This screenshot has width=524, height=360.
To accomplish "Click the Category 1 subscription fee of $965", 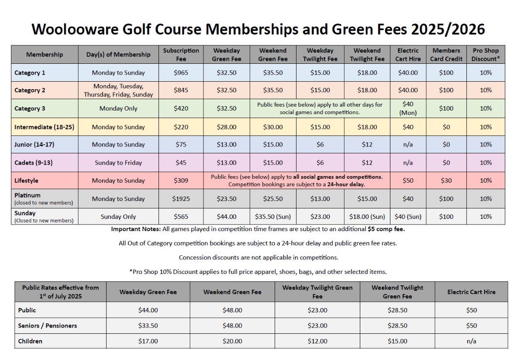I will point(181,73).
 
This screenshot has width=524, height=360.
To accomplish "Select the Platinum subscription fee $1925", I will point(181,199).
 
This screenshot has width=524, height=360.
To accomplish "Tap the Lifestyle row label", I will point(26,180).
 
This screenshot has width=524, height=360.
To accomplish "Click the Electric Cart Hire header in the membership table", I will point(408,55).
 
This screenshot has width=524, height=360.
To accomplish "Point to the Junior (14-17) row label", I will point(34,145).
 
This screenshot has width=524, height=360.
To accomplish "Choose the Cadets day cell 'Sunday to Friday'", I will point(118,163).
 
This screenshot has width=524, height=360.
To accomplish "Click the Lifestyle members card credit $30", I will point(446,180).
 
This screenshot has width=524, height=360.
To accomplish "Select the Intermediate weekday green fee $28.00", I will point(227,127).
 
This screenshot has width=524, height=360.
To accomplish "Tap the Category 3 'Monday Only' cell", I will point(118,108).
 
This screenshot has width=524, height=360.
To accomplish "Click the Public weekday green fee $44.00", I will point(148,310).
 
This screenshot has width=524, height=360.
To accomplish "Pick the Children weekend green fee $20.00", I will point(232,341).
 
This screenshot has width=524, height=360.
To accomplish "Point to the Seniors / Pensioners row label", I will point(47,325).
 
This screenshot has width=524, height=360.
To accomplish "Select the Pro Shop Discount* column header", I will point(486,55).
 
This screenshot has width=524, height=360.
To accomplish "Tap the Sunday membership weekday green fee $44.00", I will point(227,217).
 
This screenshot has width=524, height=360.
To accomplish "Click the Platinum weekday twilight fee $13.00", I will point(320,199).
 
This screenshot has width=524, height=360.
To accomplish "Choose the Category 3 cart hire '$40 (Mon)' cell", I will point(408,108).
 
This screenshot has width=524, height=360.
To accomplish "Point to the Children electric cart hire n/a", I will point(471,341).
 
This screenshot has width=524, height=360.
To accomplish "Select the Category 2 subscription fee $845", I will point(181,90).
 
